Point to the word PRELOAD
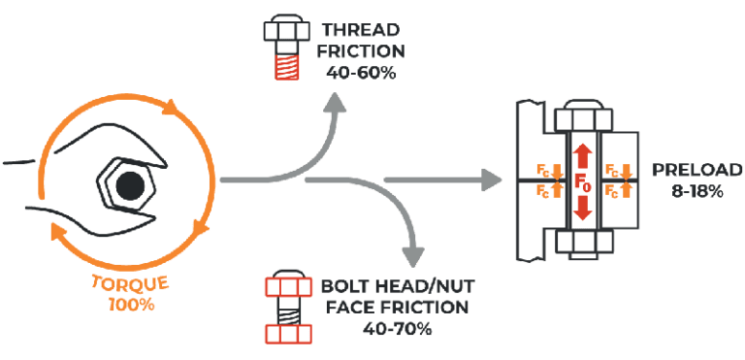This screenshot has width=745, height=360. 688,170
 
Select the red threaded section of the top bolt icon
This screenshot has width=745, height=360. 286,69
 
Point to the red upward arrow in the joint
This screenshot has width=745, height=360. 581,152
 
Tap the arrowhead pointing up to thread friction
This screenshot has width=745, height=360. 336,103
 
